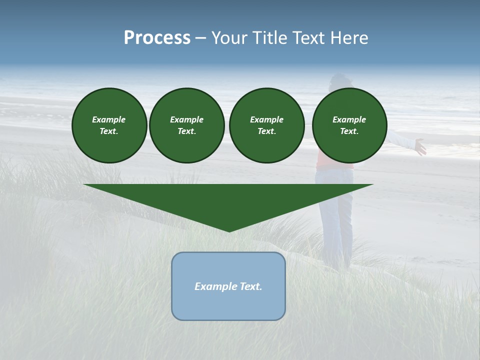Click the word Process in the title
pos(157,38)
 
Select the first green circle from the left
pos(109,125)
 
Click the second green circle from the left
pos(186,125)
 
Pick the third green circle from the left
pos(266,125)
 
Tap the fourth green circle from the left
pos(349,125)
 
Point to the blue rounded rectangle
pos(228,305)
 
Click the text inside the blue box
pos(228,286)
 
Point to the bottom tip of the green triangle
pos(229,231)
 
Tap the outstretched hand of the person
pos(420,147)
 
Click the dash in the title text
pos(200,38)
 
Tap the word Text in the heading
pos(307,38)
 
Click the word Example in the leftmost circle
pos(109,119)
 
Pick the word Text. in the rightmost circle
pos(349,131)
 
